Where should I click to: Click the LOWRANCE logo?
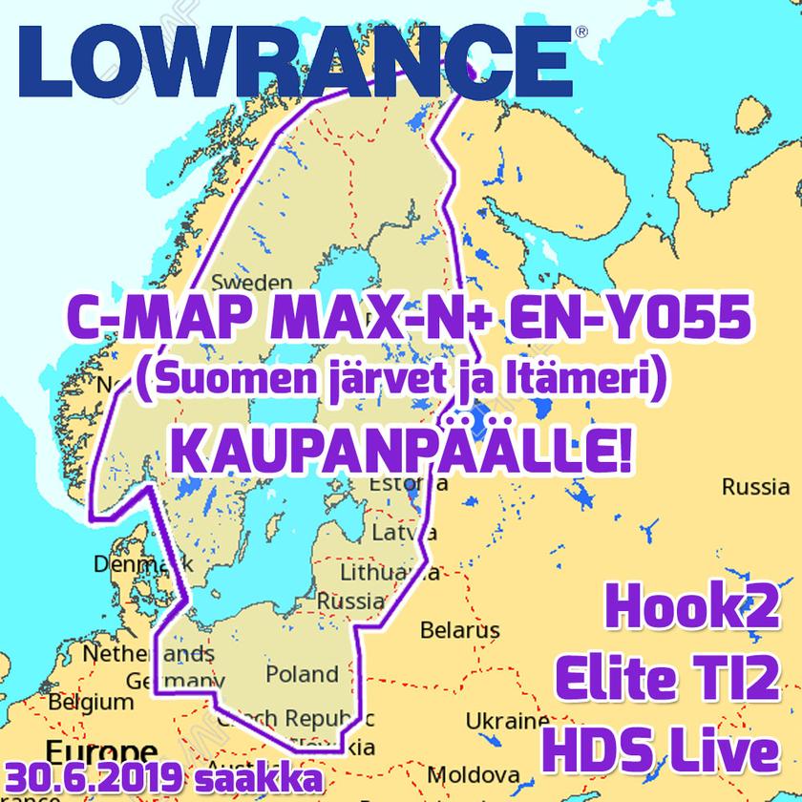pyautogui.click(x=296, y=57)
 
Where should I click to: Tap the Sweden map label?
pyautogui.click(x=252, y=283)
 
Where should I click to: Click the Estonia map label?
pyautogui.click(x=408, y=483)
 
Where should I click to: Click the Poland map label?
pyautogui.click(x=302, y=673)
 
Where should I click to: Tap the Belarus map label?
pyautogui.click(x=460, y=630)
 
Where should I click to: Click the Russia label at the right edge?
pyautogui.click(x=755, y=487)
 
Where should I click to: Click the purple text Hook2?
pyautogui.click(x=694, y=612)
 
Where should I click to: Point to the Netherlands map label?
pyautogui.click(x=148, y=655)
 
